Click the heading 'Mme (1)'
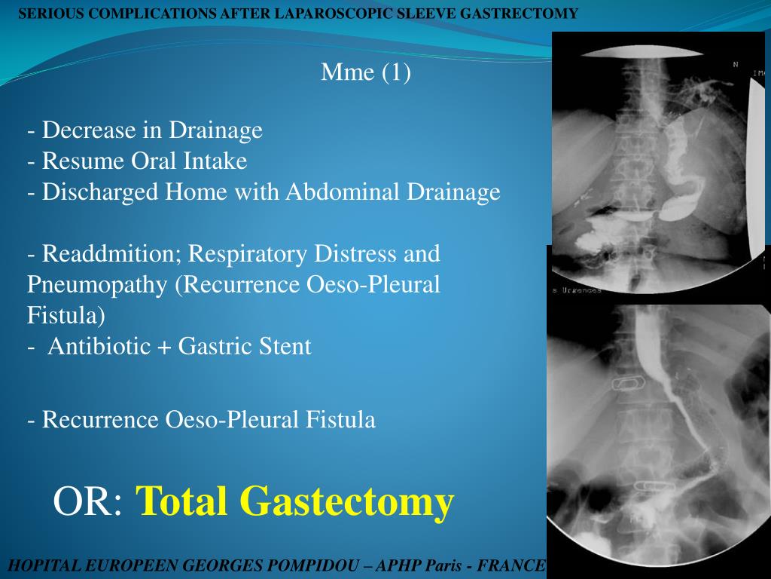(366, 72)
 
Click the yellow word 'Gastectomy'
(346, 501)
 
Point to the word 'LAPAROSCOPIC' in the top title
(315, 14)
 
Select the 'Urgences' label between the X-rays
(579, 290)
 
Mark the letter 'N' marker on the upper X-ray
(735, 65)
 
